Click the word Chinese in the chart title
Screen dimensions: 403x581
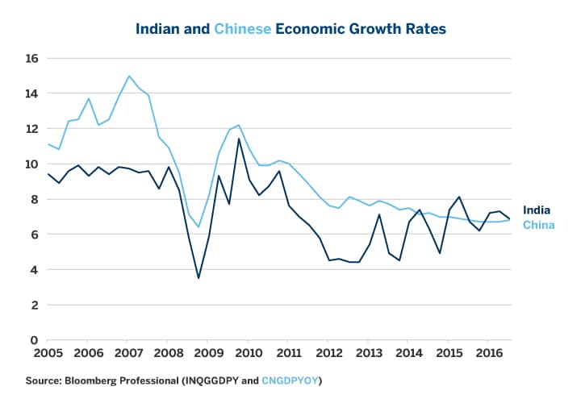[x=243, y=29]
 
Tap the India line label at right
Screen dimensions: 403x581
[x=536, y=210]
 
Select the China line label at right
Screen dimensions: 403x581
[x=538, y=225]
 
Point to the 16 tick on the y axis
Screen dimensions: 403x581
[x=32, y=58]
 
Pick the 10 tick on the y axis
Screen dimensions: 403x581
[x=32, y=164]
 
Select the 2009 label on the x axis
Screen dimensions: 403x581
[x=208, y=353]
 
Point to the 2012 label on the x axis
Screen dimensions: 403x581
[x=328, y=353]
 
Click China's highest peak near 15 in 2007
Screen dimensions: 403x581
[x=128, y=76]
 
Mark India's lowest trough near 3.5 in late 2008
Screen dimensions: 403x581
[x=199, y=278]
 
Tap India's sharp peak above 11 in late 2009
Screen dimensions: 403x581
[x=238, y=139]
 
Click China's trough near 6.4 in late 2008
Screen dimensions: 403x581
[x=199, y=227]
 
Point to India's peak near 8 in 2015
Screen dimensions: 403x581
[x=458, y=197]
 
